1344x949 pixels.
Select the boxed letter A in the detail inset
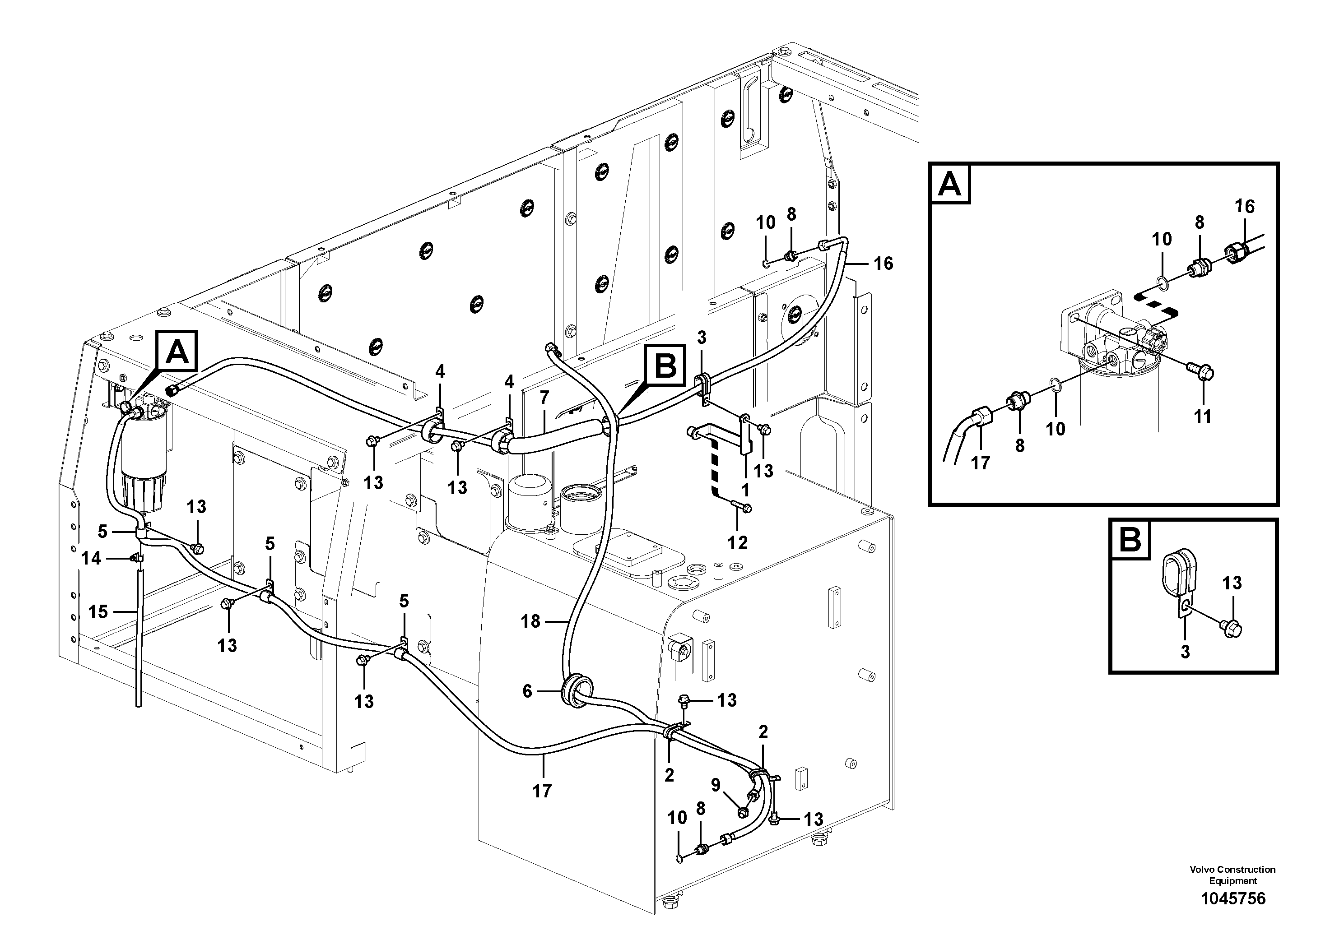point(949,185)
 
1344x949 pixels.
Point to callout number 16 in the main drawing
point(884,264)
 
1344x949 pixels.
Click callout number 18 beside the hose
point(530,621)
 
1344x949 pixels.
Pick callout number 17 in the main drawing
point(542,791)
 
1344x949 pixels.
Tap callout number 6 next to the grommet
point(527,692)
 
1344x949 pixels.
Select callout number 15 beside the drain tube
point(98,612)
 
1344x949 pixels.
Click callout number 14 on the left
point(91,558)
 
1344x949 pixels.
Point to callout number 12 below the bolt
point(738,543)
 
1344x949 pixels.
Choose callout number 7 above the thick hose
point(544,398)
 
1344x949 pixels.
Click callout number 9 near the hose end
point(716,786)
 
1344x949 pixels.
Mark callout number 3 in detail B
point(1185,652)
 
